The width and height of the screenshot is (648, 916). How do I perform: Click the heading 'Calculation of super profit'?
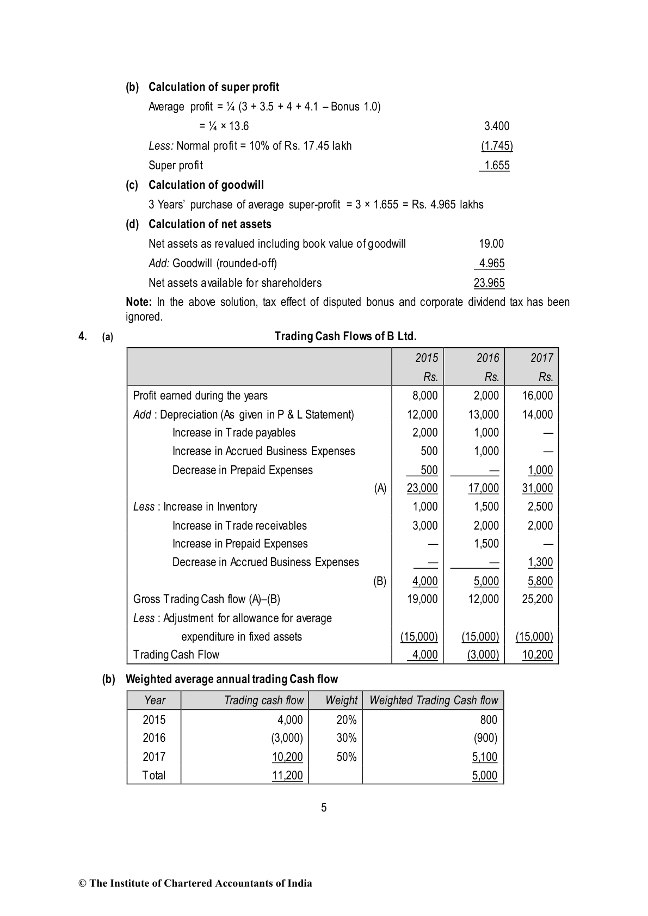(x=213, y=87)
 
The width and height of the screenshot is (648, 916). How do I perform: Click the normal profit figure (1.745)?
(x=497, y=146)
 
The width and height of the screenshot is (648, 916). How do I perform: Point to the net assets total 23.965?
(x=489, y=283)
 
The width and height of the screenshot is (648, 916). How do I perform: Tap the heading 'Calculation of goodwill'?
(x=206, y=185)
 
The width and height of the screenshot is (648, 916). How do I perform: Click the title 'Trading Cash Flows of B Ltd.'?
(x=345, y=336)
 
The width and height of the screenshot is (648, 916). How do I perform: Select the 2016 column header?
(x=487, y=358)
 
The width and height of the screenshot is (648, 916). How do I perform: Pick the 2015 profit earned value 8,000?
(x=425, y=396)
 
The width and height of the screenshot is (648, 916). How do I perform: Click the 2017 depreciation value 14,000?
(x=537, y=415)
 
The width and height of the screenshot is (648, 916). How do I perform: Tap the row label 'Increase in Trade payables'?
(x=234, y=433)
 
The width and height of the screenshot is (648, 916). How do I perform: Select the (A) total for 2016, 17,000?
(x=483, y=488)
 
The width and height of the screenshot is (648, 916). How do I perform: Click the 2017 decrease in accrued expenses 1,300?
(x=540, y=562)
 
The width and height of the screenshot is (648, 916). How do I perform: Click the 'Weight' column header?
(x=341, y=700)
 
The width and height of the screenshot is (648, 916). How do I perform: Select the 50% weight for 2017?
(x=347, y=757)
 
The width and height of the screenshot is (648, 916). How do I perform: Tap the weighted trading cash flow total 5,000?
(x=485, y=776)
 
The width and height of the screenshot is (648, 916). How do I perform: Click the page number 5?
(x=324, y=808)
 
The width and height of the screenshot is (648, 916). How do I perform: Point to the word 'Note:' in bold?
(x=139, y=302)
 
